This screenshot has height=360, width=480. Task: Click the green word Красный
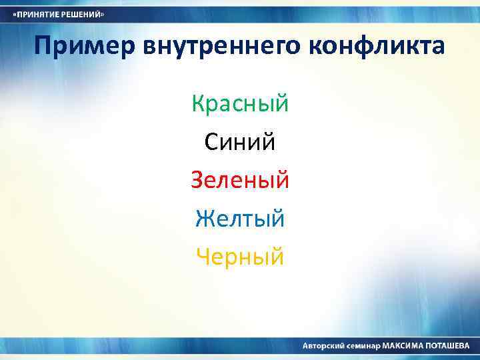(x=240, y=104)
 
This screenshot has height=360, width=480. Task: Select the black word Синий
(x=240, y=142)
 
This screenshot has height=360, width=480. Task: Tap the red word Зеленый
(x=240, y=180)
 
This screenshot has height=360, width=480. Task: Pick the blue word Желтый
(x=240, y=218)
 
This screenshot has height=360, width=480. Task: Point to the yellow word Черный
(x=240, y=256)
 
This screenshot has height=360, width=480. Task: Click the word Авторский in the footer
(x=324, y=347)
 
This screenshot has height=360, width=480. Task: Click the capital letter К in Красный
(x=198, y=104)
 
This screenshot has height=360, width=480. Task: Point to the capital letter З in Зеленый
(x=197, y=180)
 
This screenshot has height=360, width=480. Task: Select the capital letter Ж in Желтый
(x=204, y=218)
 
